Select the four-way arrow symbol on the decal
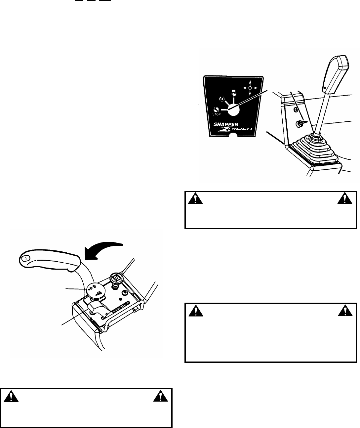(x=250, y=88)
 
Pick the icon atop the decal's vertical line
(x=234, y=93)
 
